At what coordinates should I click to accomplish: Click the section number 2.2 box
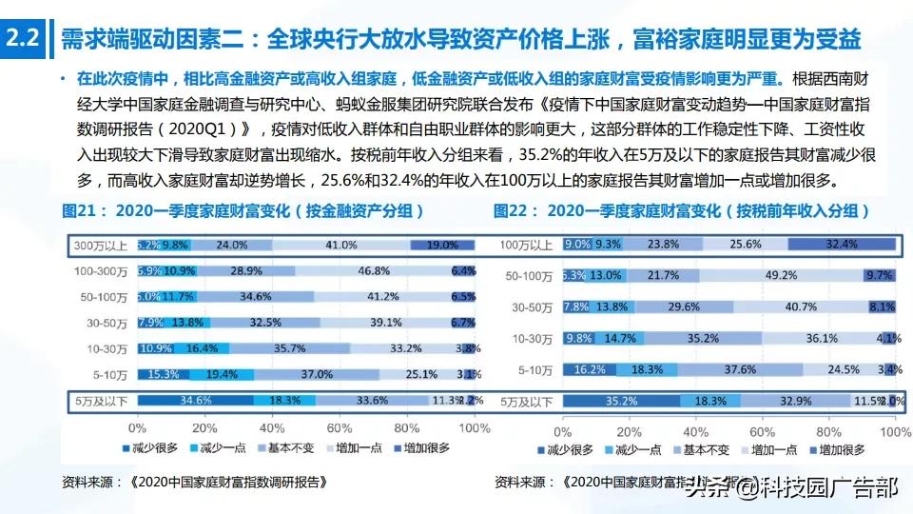click(22, 39)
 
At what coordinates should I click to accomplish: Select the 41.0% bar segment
click(340, 245)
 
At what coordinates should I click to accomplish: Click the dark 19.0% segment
click(442, 245)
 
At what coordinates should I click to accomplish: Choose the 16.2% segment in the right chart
click(590, 369)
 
